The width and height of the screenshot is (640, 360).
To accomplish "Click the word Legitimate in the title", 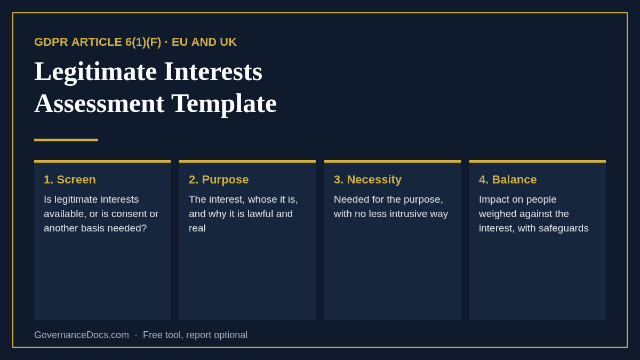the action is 95,71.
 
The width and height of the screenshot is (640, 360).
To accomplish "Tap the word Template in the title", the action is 224,103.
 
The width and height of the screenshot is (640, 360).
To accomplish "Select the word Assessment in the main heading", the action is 99,103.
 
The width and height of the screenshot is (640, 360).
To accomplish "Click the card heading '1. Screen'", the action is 70,180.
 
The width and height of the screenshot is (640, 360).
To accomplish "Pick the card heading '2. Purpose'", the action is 219,180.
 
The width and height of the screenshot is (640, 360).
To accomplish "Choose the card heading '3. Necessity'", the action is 367,180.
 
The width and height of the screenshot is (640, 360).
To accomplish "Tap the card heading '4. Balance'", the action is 508,180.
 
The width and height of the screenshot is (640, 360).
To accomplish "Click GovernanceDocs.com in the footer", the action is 82,335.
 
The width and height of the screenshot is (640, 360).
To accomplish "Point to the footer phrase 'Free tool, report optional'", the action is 195,335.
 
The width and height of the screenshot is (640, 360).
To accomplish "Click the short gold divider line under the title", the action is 66,140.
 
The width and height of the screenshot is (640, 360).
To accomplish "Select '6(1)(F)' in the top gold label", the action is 143,42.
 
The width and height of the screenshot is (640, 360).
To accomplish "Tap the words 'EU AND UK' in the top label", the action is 204,42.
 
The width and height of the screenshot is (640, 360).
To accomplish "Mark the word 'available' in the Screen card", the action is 65,214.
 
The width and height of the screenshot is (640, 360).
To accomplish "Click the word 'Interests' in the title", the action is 213,71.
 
